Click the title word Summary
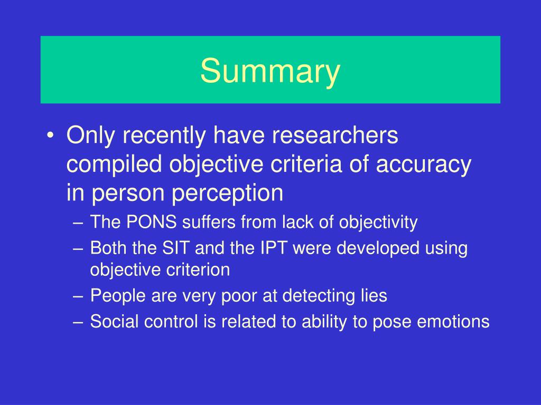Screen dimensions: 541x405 point(270,71)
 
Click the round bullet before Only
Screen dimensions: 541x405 point(50,135)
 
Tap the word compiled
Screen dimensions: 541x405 point(114,164)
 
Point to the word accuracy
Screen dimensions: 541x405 point(423,165)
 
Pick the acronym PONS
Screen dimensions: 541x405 point(152,222)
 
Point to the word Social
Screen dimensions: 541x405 point(114,321)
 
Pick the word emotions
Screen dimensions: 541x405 point(453,322)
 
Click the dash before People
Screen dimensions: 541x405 point(78,297)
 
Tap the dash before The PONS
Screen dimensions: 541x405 point(78,223)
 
